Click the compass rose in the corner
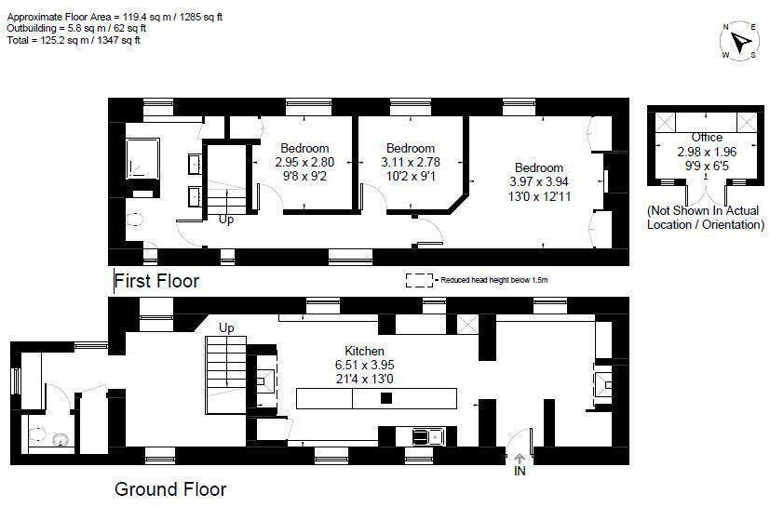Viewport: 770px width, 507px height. (x=741, y=42)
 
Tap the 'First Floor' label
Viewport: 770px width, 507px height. (x=156, y=280)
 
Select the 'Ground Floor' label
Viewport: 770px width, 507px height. (x=169, y=488)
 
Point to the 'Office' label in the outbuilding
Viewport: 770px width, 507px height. (x=707, y=138)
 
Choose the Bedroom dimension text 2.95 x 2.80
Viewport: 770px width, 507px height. (x=304, y=162)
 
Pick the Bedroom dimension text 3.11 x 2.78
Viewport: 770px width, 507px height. (x=411, y=162)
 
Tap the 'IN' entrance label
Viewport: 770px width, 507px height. (x=520, y=473)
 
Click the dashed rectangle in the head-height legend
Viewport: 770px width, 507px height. (x=420, y=279)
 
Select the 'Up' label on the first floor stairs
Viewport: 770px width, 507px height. (x=226, y=220)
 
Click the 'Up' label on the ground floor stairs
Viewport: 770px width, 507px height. (x=226, y=327)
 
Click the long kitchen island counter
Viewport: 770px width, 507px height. (x=376, y=398)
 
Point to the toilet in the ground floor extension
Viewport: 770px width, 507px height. (x=39, y=434)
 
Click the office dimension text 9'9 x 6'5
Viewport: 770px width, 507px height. (x=707, y=165)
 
